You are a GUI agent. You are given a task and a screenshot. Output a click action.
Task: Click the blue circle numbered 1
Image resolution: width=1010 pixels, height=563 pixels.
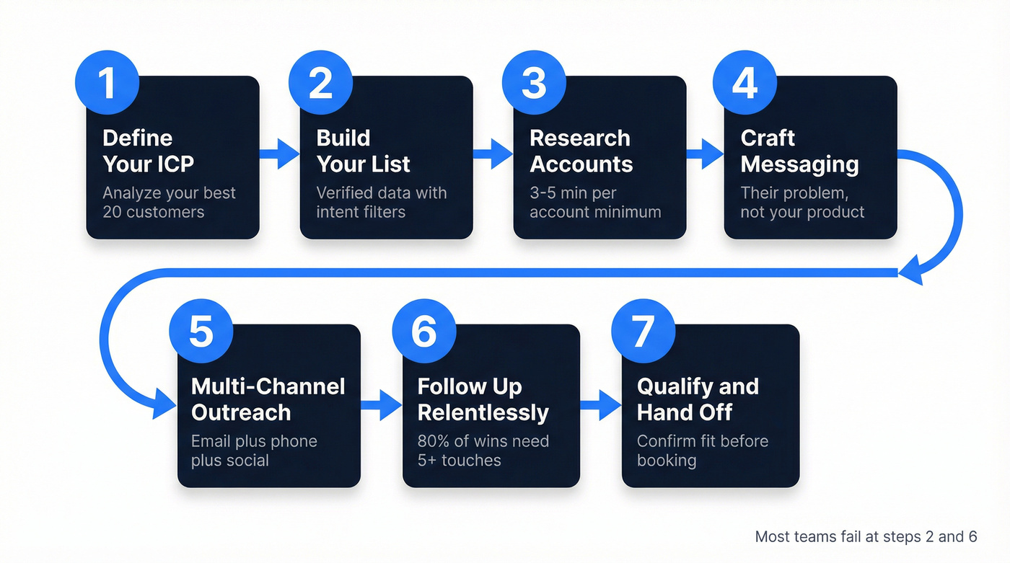(107, 82)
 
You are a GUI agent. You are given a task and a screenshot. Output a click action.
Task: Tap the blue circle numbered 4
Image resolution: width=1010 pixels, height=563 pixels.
(745, 82)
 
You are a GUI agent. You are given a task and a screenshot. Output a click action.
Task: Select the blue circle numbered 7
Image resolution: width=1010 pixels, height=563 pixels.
(643, 331)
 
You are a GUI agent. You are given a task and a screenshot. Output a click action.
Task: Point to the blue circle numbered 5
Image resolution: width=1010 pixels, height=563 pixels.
(201, 331)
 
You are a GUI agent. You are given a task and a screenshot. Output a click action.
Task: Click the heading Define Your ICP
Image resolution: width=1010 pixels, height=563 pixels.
(148, 151)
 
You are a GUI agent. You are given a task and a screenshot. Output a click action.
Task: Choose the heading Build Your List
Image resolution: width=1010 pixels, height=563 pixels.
(363, 151)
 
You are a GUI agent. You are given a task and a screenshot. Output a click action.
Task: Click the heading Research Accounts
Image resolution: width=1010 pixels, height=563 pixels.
(581, 151)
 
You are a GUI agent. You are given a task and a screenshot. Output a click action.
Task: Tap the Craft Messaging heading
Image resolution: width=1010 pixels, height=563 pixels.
(799, 151)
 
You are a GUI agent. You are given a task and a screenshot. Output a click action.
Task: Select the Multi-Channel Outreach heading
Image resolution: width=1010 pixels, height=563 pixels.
(268, 399)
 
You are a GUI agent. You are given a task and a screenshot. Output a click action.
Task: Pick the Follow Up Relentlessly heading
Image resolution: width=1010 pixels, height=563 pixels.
(483, 399)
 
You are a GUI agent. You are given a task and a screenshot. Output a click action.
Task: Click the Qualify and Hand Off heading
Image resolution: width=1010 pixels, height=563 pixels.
(697, 399)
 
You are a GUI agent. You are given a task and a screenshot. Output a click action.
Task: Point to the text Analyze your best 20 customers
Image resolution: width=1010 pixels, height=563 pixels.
(169, 203)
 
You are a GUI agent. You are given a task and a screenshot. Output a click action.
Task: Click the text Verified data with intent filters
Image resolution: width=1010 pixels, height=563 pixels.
(381, 203)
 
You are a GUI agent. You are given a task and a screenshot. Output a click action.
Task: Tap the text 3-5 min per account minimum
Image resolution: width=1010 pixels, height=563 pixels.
(595, 203)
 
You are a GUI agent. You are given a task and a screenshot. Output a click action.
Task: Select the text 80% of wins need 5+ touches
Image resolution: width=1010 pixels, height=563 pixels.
(483, 451)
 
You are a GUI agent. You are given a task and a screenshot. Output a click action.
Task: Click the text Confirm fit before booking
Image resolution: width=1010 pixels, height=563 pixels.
(702, 451)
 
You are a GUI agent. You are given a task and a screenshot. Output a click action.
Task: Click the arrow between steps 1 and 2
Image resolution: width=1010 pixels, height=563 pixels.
(279, 153)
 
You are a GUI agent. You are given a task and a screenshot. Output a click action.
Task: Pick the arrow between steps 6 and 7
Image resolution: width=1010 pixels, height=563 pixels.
(600, 406)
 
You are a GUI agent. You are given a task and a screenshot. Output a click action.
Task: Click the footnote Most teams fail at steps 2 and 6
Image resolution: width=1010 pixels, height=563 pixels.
(866, 536)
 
